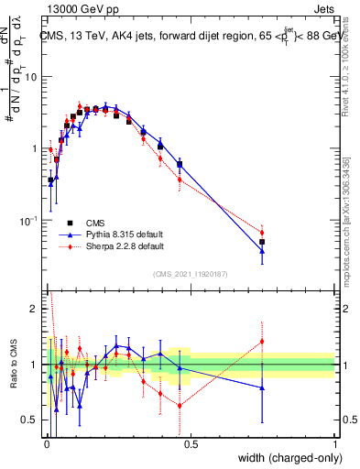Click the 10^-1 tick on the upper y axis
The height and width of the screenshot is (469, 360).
click(29, 221)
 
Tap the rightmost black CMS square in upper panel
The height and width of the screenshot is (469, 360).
click(262, 242)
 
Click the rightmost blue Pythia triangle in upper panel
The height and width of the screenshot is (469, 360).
click(262, 250)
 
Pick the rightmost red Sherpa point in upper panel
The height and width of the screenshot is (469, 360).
click(262, 233)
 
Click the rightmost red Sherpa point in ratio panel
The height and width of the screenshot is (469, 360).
click(262, 342)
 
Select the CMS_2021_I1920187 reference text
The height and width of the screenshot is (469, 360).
click(190, 273)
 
